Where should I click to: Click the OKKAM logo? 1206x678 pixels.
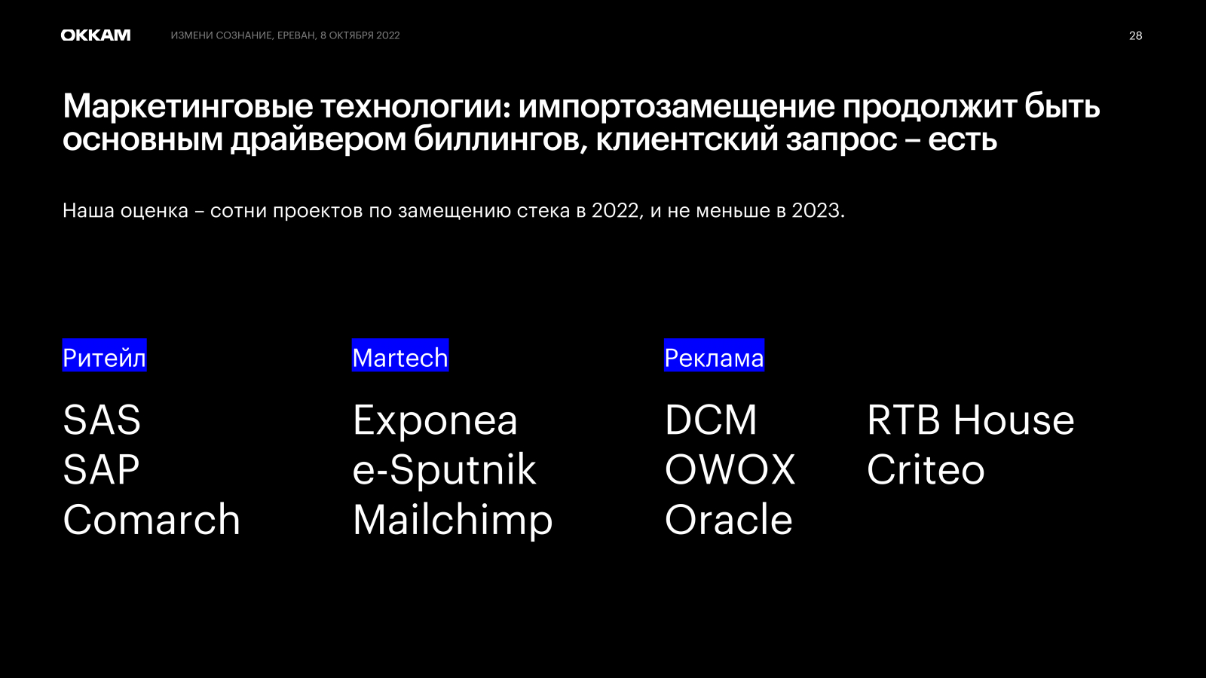tap(95, 35)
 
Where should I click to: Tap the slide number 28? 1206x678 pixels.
tap(1135, 35)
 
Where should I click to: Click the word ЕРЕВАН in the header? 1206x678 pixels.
tap(296, 35)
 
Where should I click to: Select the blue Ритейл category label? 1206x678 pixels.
tap(105, 355)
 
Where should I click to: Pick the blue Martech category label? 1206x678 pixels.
tap(400, 355)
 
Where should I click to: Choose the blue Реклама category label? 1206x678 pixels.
tap(714, 355)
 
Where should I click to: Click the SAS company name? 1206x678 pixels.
tap(102, 420)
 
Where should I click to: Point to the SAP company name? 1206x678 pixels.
tap(101, 469)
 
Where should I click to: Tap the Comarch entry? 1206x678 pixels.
tap(152, 519)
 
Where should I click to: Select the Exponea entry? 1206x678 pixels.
tap(435, 421)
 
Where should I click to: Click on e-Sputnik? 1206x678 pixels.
tap(444, 470)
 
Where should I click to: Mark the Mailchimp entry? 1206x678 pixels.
tap(453, 521)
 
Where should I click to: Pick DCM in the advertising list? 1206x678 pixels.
tap(711, 420)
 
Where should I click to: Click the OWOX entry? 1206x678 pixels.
tap(730, 469)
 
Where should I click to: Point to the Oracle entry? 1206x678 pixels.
tap(728, 519)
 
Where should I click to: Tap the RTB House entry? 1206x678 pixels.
tap(970, 420)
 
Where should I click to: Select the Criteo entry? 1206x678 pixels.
tap(926, 469)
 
